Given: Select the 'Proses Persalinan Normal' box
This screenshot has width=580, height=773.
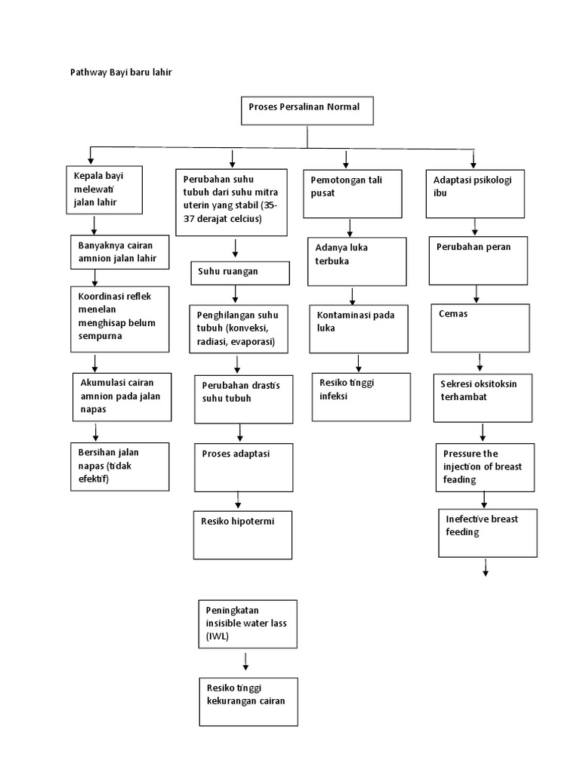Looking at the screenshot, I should [307, 111].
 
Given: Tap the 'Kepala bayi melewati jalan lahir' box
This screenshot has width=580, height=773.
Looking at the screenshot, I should [110, 192].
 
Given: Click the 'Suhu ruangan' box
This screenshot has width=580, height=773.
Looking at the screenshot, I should [239, 273].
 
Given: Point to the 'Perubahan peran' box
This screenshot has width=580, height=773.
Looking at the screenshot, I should [477, 260].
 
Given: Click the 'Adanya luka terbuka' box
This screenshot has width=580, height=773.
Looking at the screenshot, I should [356, 261].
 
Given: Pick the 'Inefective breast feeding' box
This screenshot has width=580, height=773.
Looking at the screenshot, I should [485, 532].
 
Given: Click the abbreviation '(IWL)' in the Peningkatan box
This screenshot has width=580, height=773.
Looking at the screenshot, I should [217, 637].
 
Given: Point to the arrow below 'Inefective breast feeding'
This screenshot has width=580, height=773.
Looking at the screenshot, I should [485, 568].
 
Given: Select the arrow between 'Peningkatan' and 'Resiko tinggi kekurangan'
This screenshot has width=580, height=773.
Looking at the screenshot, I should [246, 661].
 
